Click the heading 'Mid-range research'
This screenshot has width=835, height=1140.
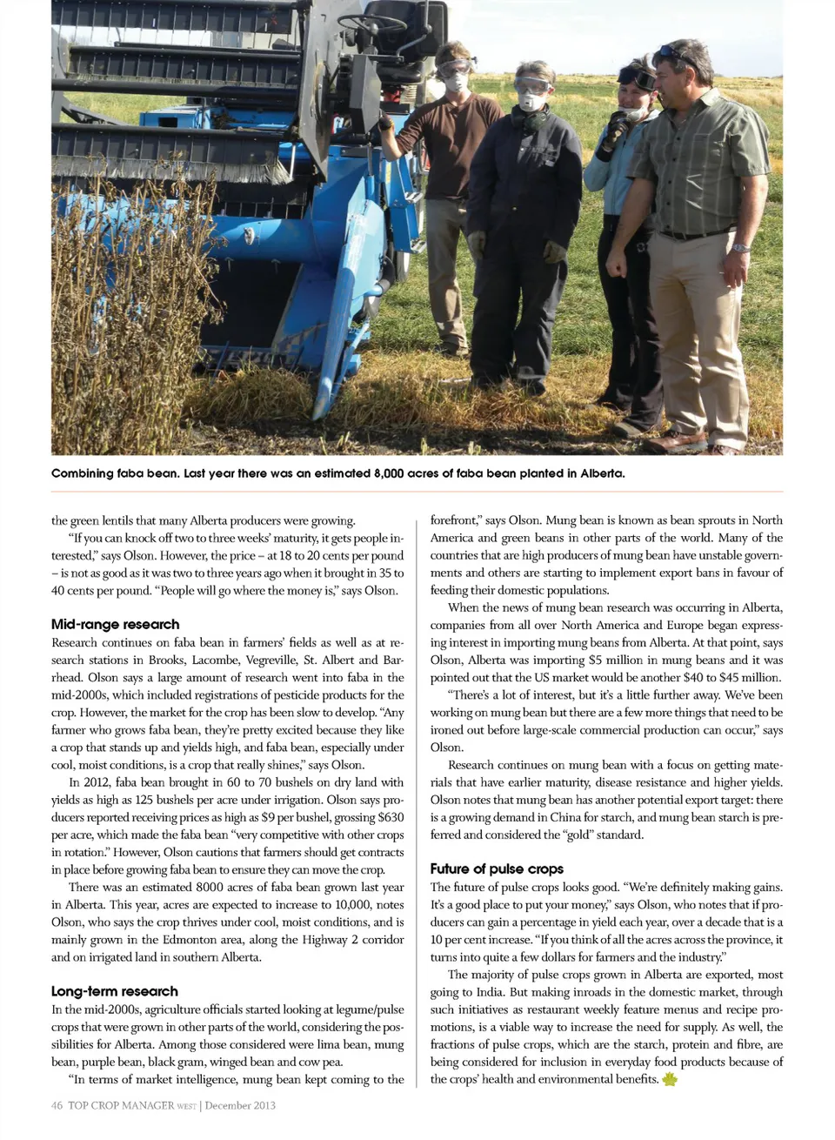(115, 624)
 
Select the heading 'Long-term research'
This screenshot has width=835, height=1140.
(114, 991)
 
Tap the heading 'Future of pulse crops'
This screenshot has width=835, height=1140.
(497, 868)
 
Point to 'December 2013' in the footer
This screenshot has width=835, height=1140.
(240, 1105)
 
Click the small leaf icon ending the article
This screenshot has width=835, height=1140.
(670, 1080)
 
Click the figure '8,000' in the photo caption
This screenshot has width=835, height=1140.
(393, 473)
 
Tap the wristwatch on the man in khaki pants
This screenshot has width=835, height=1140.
(740, 248)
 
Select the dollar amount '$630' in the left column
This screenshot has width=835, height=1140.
(391, 817)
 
